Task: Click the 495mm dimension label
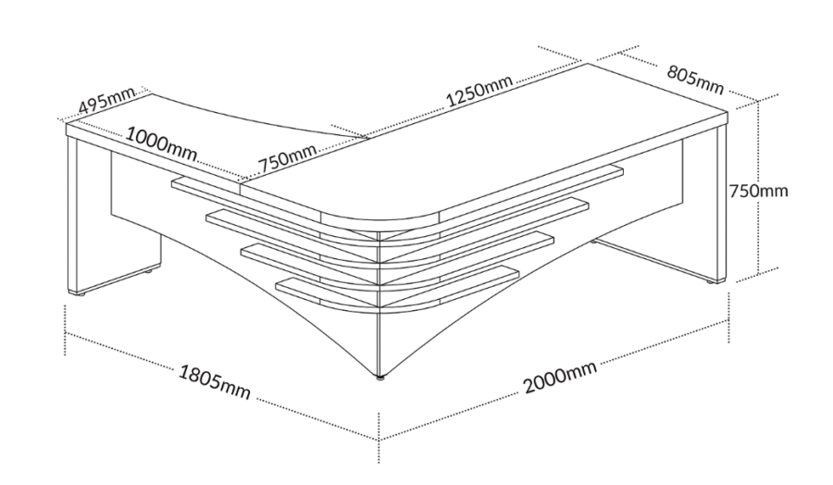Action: pyautogui.click(x=106, y=101)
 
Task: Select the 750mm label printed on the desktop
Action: pyautogui.click(x=286, y=159)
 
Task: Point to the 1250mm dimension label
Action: pyautogui.click(x=479, y=91)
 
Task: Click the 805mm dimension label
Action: pyautogui.click(x=695, y=81)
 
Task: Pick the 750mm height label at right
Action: pyautogui.click(x=758, y=190)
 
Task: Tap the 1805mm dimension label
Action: pyautogui.click(x=214, y=381)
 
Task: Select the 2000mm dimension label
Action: pyautogui.click(x=560, y=377)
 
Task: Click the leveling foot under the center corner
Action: pyautogui.click(x=379, y=379)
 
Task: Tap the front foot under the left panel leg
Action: pyautogui.click(x=81, y=293)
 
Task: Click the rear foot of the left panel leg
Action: pyautogui.click(x=148, y=271)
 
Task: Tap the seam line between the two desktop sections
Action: pyautogui.click(x=304, y=160)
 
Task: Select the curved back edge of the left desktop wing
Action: pyautogui.click(x=255, y=118)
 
